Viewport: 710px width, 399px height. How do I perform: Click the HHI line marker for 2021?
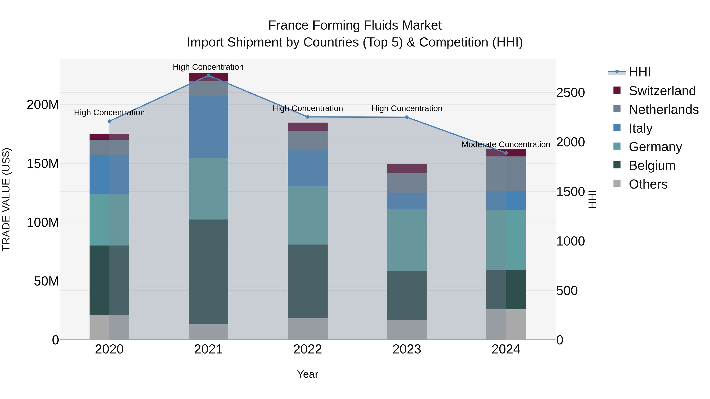tap(208, 75)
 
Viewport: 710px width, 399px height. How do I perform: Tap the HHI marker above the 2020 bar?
tap(109, 121)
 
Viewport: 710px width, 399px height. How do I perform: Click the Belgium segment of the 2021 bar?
tap(208, 272)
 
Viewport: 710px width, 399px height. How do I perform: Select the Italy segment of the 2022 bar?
tap(308, 168)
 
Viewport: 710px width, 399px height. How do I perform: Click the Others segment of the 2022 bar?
tap(308, 329)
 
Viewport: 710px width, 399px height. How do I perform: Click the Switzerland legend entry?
tap(662, 91)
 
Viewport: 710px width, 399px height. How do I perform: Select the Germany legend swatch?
tap(617, 146)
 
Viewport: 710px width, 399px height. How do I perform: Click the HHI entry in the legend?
tap(639, 72)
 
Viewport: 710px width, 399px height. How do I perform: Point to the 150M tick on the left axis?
tap(43, 164)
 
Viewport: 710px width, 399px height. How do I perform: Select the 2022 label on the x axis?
tap(308, 349)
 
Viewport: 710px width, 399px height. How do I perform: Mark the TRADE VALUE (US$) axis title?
tap(6, 199)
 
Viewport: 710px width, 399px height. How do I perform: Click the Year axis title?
tap(308, 374)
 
